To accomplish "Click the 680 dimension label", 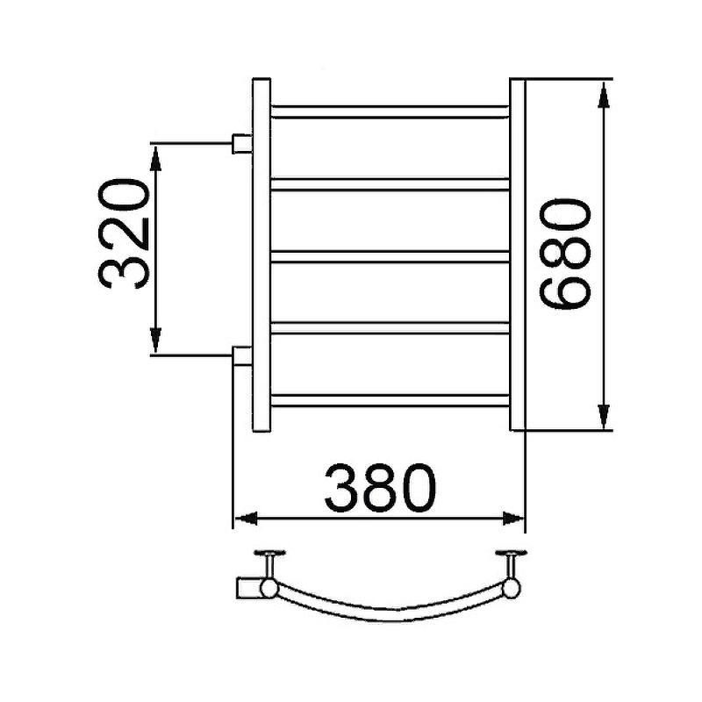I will tap(562, 254).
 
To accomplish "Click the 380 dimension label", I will tap(379, 489).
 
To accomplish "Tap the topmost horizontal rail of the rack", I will tap(390, 111).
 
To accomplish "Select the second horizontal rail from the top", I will tap(390, 183).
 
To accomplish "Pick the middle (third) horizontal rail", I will tap(390, 256).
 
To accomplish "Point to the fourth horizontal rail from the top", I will tap(390, 328).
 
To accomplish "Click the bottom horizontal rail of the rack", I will tap(390, 400).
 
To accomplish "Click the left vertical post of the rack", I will tap(262, 255).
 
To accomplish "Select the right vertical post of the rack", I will tap(517, 255).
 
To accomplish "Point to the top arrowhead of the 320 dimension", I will tap(155, 158).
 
